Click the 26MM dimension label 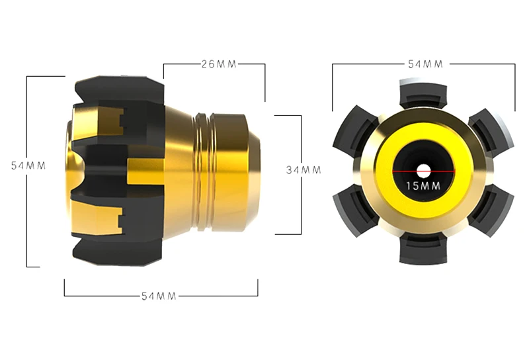[219, 64]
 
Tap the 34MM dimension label [304, 170]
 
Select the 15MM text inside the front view [423, 186]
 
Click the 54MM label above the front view [425, 64]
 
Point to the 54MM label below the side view [159, 296]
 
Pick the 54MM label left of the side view [28, 165]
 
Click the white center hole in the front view [423, 171]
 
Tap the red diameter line [423, 171]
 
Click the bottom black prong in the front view [423, 249]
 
